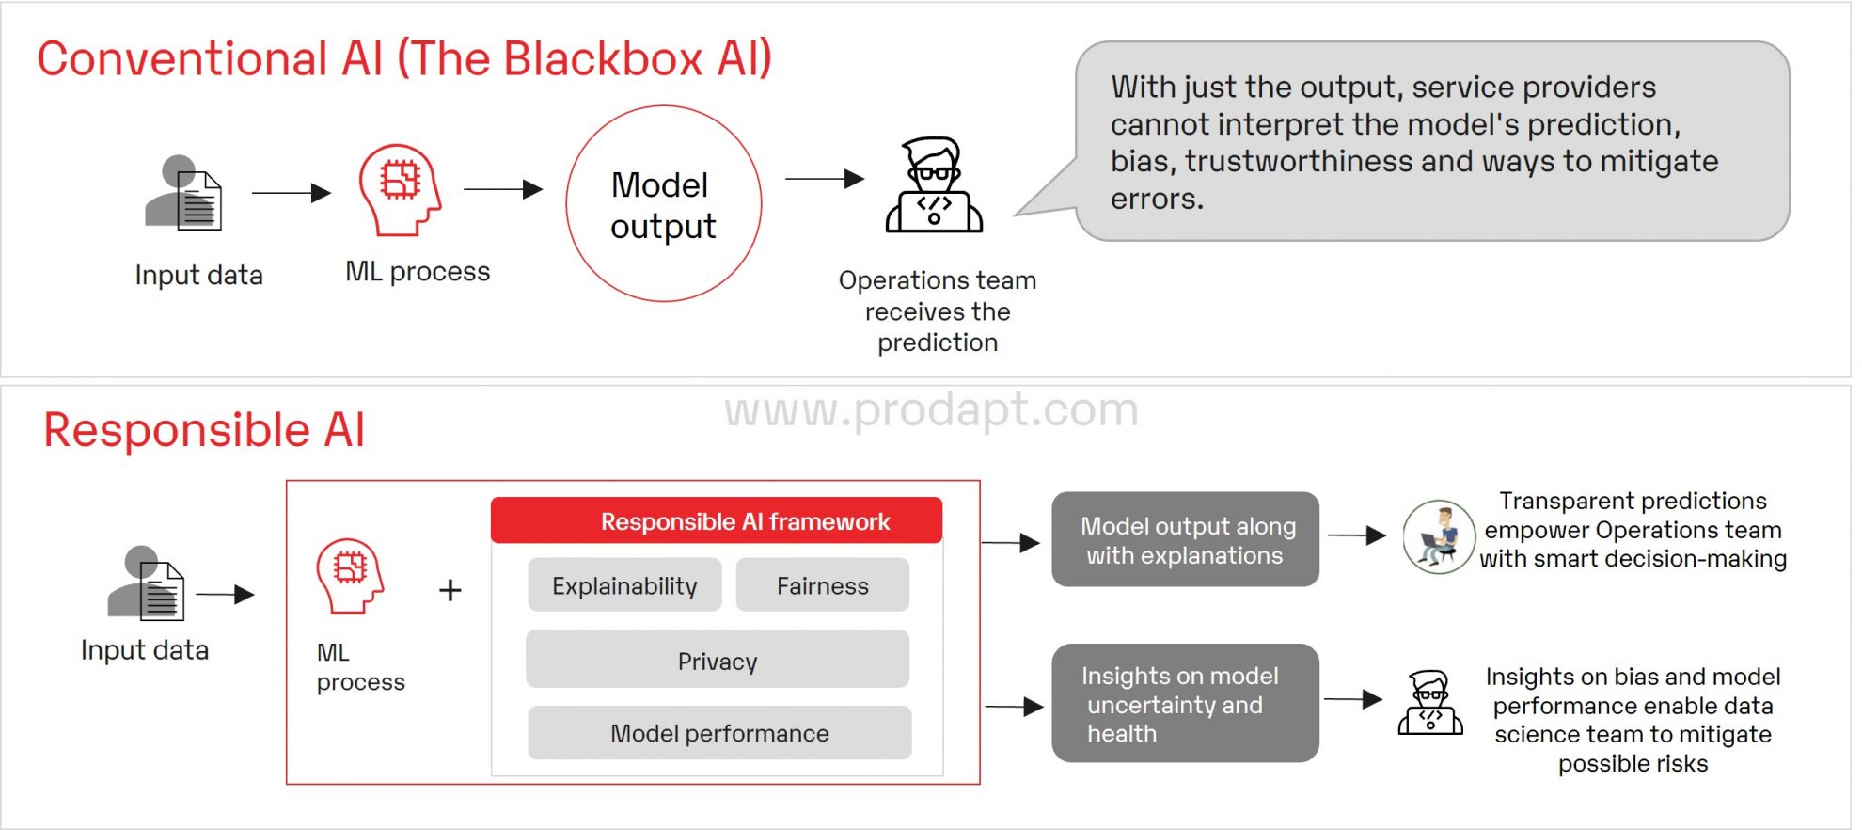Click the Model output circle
(663, 204)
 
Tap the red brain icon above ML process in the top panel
(400, 189)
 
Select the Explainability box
(624, 585)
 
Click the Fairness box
(822, 585)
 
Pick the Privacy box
(718, 660)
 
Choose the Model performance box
(719, 733)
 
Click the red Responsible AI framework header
(717, 521)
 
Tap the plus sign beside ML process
(450, 591)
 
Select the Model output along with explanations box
(1185, 540)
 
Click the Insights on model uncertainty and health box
(1185, 703)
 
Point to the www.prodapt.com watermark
(931, 410)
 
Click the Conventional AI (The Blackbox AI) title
(404, 58)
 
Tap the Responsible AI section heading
(204, 431)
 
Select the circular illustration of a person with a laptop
(1438, 537)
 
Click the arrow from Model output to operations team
(824, 179)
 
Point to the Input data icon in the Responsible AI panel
(146, 584)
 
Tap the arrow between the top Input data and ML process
(291, 193)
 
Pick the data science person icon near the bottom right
(1429, 703)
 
